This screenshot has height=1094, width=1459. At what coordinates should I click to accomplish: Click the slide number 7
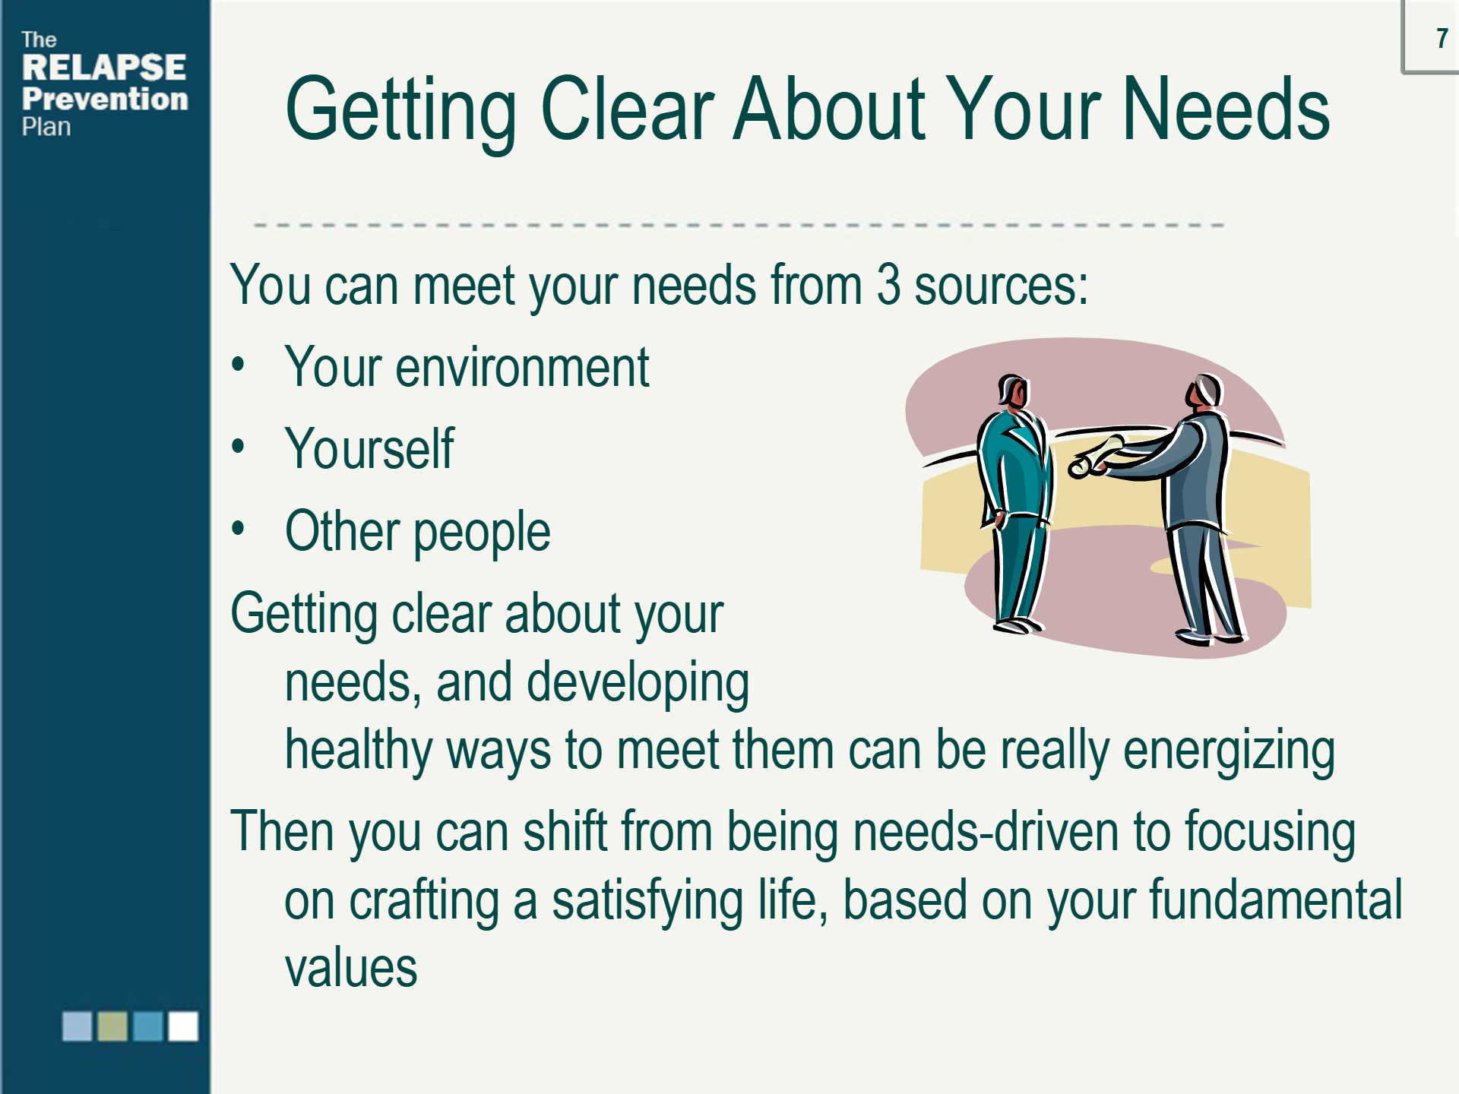click(x=1442, y=38)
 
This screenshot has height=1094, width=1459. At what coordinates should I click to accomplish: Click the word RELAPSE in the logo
click(x=104, y=68)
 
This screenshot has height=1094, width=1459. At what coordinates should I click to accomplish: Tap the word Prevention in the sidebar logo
click(x=105, y=99)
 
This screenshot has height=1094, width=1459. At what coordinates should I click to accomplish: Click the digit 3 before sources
click(x=888, y=285)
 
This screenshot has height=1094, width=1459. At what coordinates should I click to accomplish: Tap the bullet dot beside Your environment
click(x=239, y=365)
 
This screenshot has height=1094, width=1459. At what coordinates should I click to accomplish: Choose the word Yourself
click(x=369, y=448)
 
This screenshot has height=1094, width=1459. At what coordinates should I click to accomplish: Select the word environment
click(x=522, y=367)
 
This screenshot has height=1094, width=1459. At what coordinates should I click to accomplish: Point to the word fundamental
click(x=1276, y=900)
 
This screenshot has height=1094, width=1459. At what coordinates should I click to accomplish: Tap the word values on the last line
click(x=351, y=969)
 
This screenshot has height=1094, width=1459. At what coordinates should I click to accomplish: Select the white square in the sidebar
click(x=183, y=1026)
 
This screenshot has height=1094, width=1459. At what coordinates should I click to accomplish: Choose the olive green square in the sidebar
click(x=112, y=1026)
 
